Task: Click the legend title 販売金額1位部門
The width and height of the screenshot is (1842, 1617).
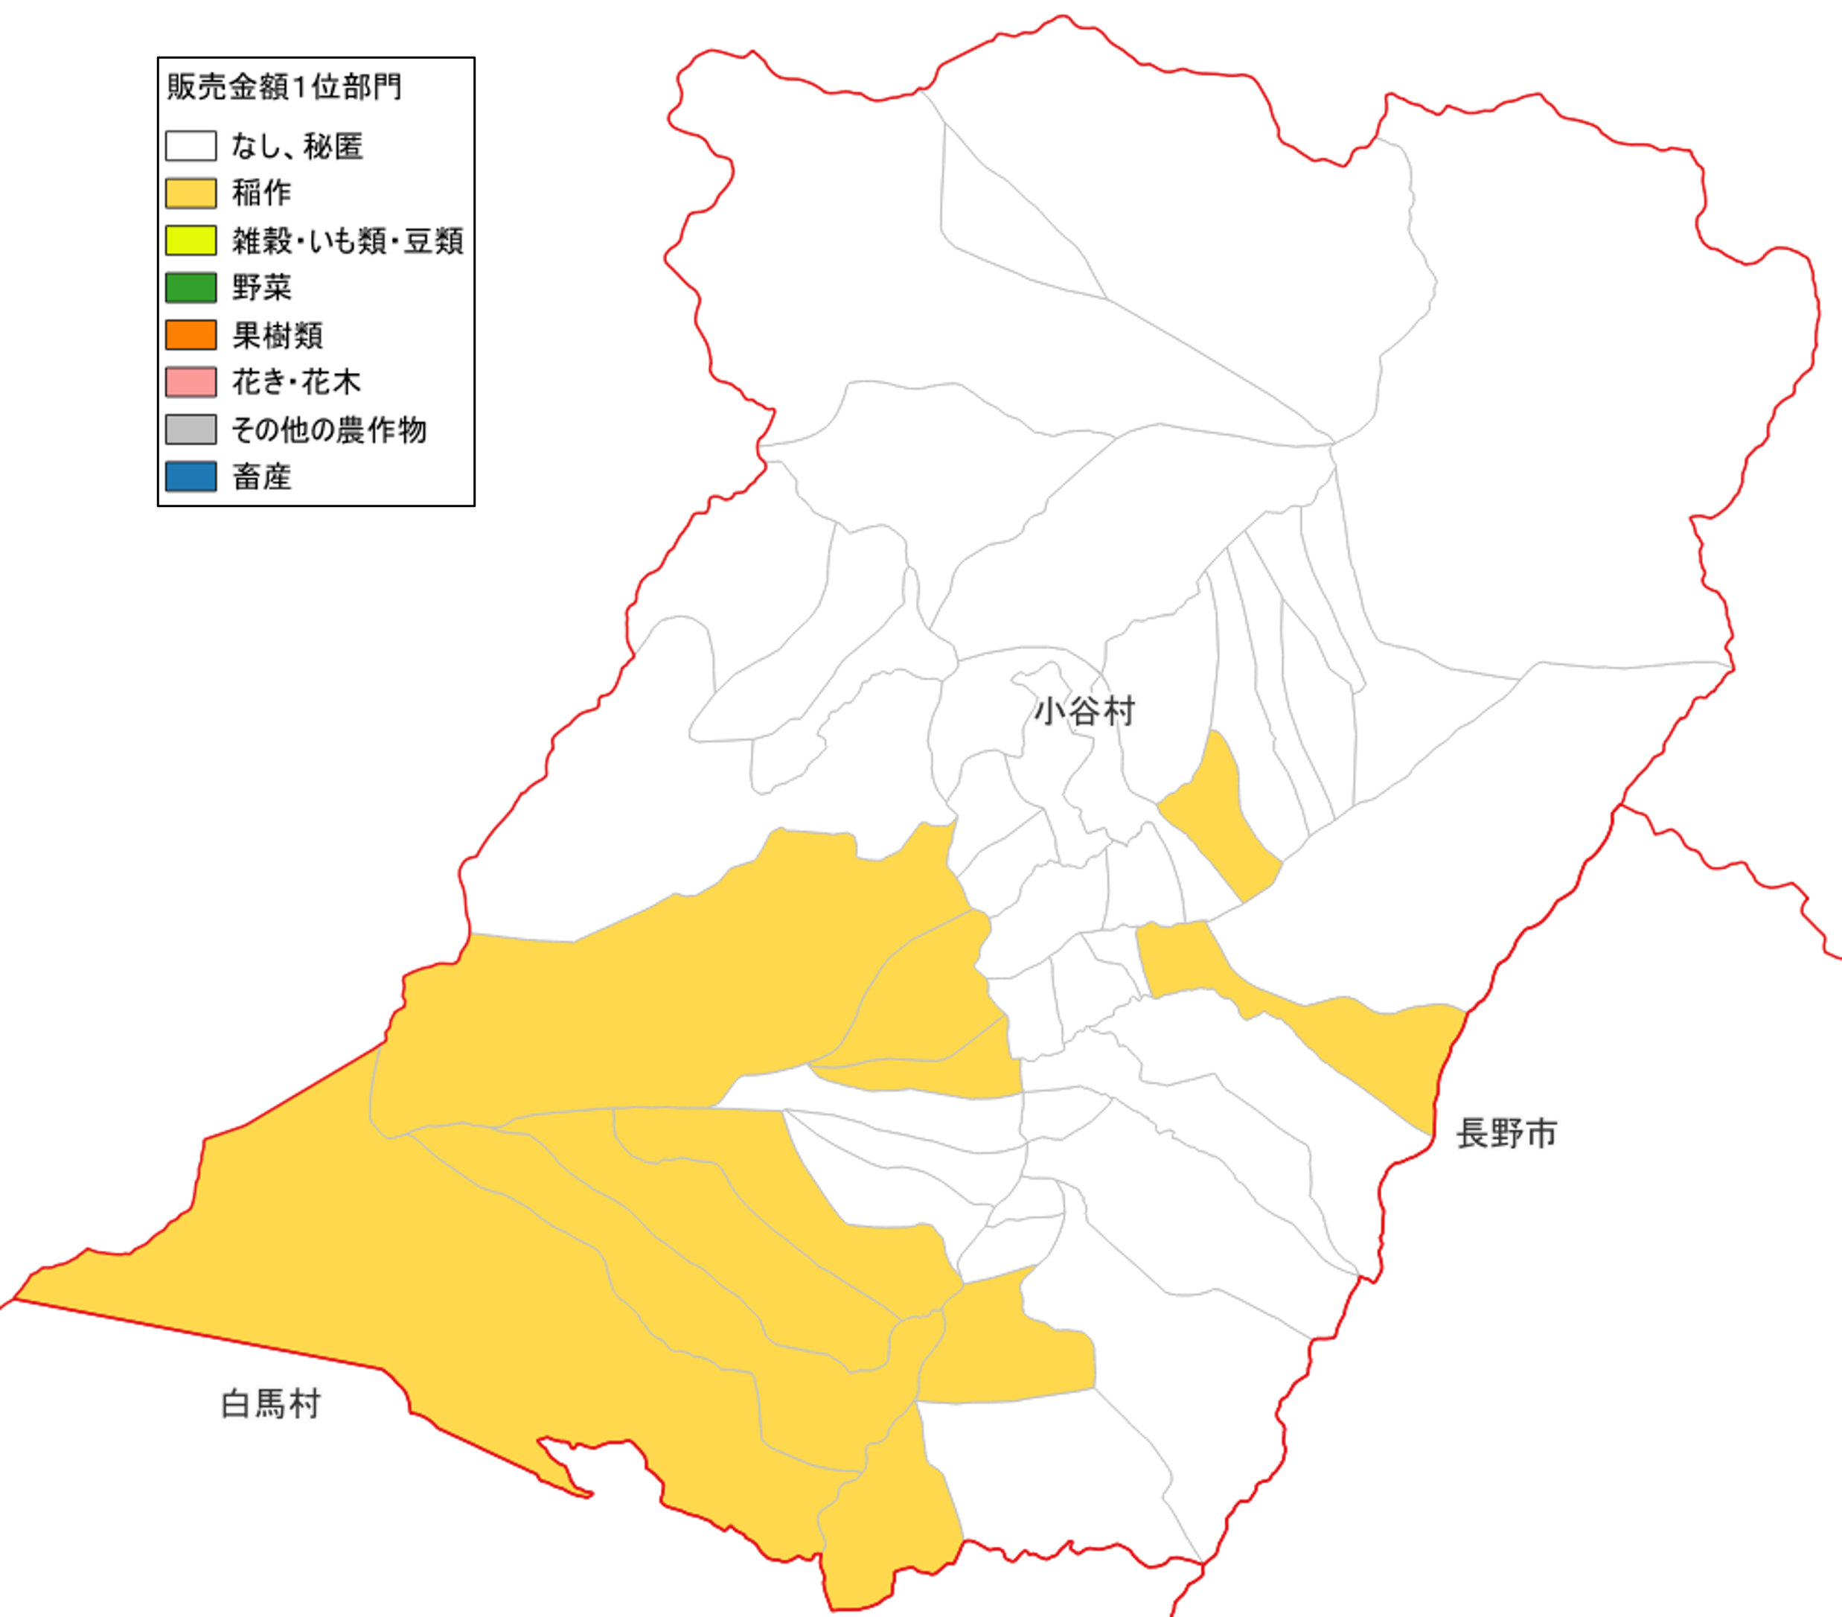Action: coord(284,86)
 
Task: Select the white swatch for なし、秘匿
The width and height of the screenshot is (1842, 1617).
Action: coord(190,146)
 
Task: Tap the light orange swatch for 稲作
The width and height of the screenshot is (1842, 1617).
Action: coord(190,193)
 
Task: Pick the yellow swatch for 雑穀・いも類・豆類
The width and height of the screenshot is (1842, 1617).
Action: coord(190,240)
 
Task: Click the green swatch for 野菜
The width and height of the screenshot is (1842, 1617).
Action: coord(190,287)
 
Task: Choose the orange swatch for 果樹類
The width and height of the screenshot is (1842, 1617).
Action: coord(190,335)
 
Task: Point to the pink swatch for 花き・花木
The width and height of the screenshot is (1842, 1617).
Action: coord(190,382)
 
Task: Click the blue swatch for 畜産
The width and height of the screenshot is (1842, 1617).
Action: coord(190,476)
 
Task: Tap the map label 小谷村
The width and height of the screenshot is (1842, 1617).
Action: coord(1084,712)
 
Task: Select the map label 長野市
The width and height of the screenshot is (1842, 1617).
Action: coord(1506,1134)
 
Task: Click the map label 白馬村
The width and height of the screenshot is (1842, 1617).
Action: coord(270,1404)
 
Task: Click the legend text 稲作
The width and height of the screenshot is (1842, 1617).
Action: coord(261,193)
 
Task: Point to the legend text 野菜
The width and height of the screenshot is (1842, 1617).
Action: coord(261,287)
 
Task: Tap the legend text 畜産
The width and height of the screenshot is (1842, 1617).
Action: coord(261,476)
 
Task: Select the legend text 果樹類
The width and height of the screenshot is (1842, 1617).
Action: coord(278,335)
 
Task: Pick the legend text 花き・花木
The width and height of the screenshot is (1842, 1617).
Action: coord(296,382)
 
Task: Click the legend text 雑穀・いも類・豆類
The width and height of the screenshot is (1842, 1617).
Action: coord(348,240)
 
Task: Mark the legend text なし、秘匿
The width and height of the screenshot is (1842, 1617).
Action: coord(298,146)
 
